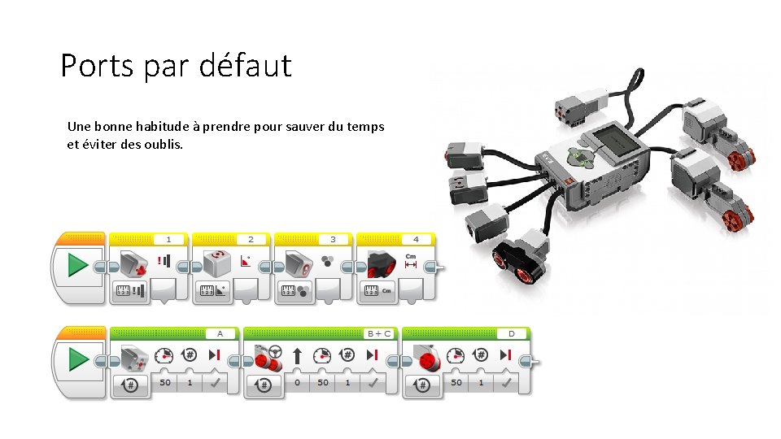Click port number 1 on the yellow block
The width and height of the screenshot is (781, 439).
tap(168, 239)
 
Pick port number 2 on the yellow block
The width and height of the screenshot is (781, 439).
tap(251, 239)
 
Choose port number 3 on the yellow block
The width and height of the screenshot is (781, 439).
tap(333, 239)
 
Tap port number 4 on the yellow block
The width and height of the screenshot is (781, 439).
tap(416, 239)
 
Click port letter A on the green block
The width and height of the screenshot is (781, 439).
tap(219, 333)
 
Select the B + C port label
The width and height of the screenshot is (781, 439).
tap(378, 333)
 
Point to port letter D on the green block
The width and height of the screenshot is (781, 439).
tap(511, 333)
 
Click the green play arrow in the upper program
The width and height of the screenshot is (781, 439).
tap(78, 266)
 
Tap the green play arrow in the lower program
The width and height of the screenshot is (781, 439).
tap(78, 359)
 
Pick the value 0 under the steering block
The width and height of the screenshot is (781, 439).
tap(297, 382)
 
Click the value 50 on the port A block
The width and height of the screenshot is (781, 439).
tap(164, 382)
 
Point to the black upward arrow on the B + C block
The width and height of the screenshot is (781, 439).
tap(297, 355)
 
